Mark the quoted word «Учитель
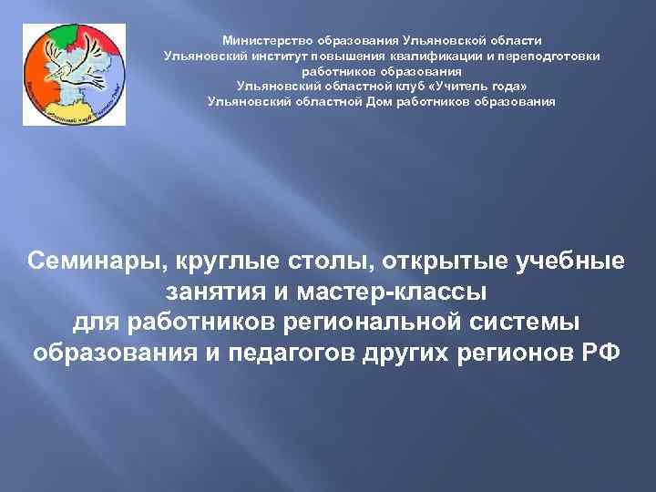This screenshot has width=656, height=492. click(x=441, y=87)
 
